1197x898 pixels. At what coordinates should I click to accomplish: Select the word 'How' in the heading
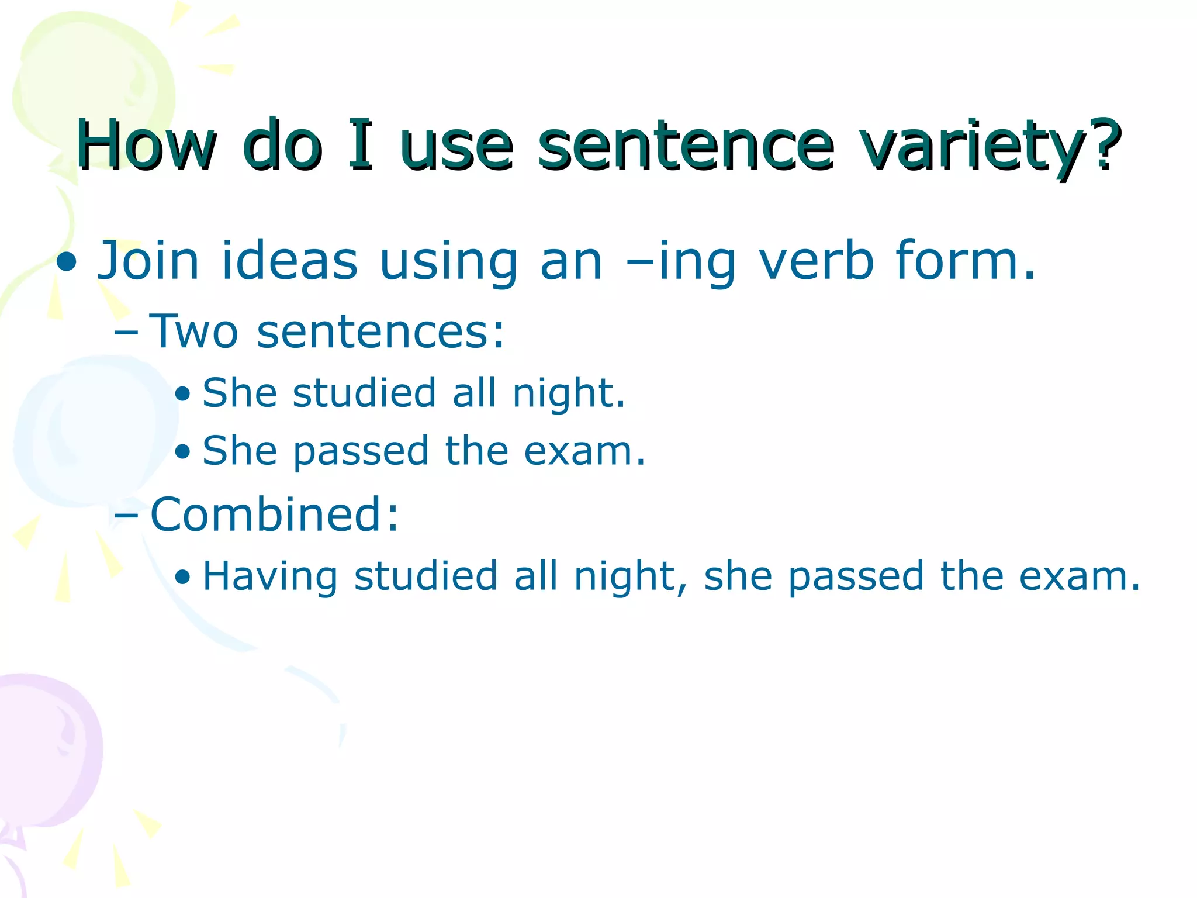(146, 144)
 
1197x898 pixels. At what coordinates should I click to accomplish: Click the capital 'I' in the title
(360, 144)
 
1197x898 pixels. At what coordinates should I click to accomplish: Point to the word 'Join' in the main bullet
(148, 261)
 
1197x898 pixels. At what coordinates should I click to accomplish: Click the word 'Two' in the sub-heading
(194, 331)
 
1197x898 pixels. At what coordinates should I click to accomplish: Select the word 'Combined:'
(275, 514)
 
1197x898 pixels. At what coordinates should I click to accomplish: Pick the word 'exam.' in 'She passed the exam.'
(584, 451)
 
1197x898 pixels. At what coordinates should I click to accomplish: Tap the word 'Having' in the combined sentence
(270, 577)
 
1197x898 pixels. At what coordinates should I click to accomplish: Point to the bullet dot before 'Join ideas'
(67, 263)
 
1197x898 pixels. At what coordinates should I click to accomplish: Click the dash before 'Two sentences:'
(127, 334)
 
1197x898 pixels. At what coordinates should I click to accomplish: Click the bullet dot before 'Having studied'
(182, 578)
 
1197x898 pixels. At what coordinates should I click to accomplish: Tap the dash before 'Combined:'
(127, 516)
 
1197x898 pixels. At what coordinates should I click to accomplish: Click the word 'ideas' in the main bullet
(289, 261)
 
